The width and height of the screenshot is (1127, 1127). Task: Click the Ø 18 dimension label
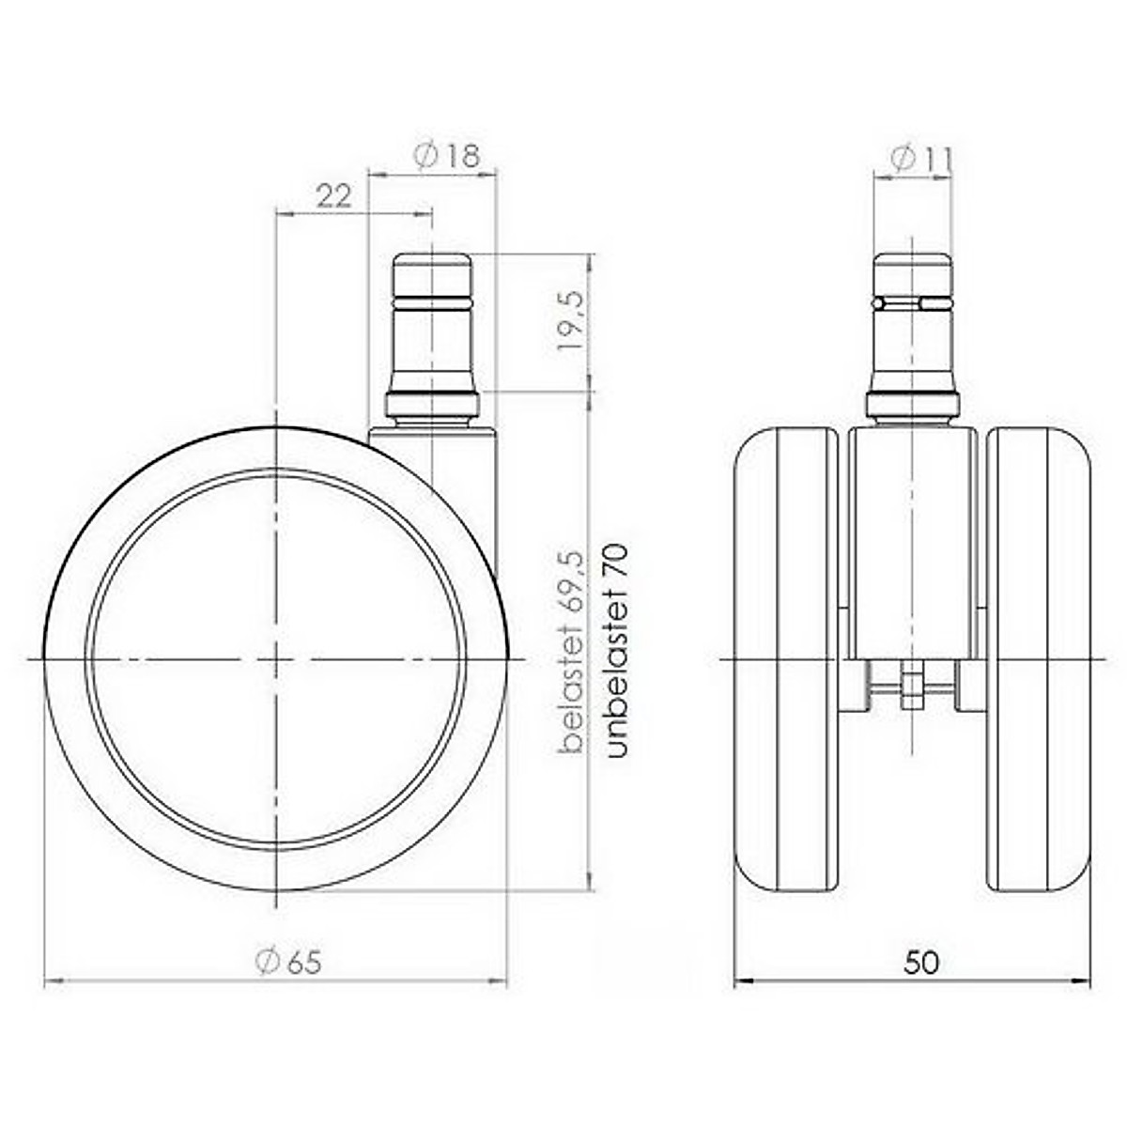[x=446, y=156]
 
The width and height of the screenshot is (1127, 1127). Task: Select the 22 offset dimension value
[x=332, y=195]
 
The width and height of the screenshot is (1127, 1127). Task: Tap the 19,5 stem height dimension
[x=571, y=320]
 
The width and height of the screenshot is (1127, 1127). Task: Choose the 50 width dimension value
[x=921, y=963]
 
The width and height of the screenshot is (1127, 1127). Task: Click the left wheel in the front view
[x=785, y=659]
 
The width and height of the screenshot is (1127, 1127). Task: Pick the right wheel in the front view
[x=1039, y=659]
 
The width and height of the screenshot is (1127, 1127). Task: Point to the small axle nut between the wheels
[x=910, y=687]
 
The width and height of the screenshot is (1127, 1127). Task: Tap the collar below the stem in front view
[x=912, y=407]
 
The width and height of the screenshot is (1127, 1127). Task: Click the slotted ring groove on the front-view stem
[x=912, y=303]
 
